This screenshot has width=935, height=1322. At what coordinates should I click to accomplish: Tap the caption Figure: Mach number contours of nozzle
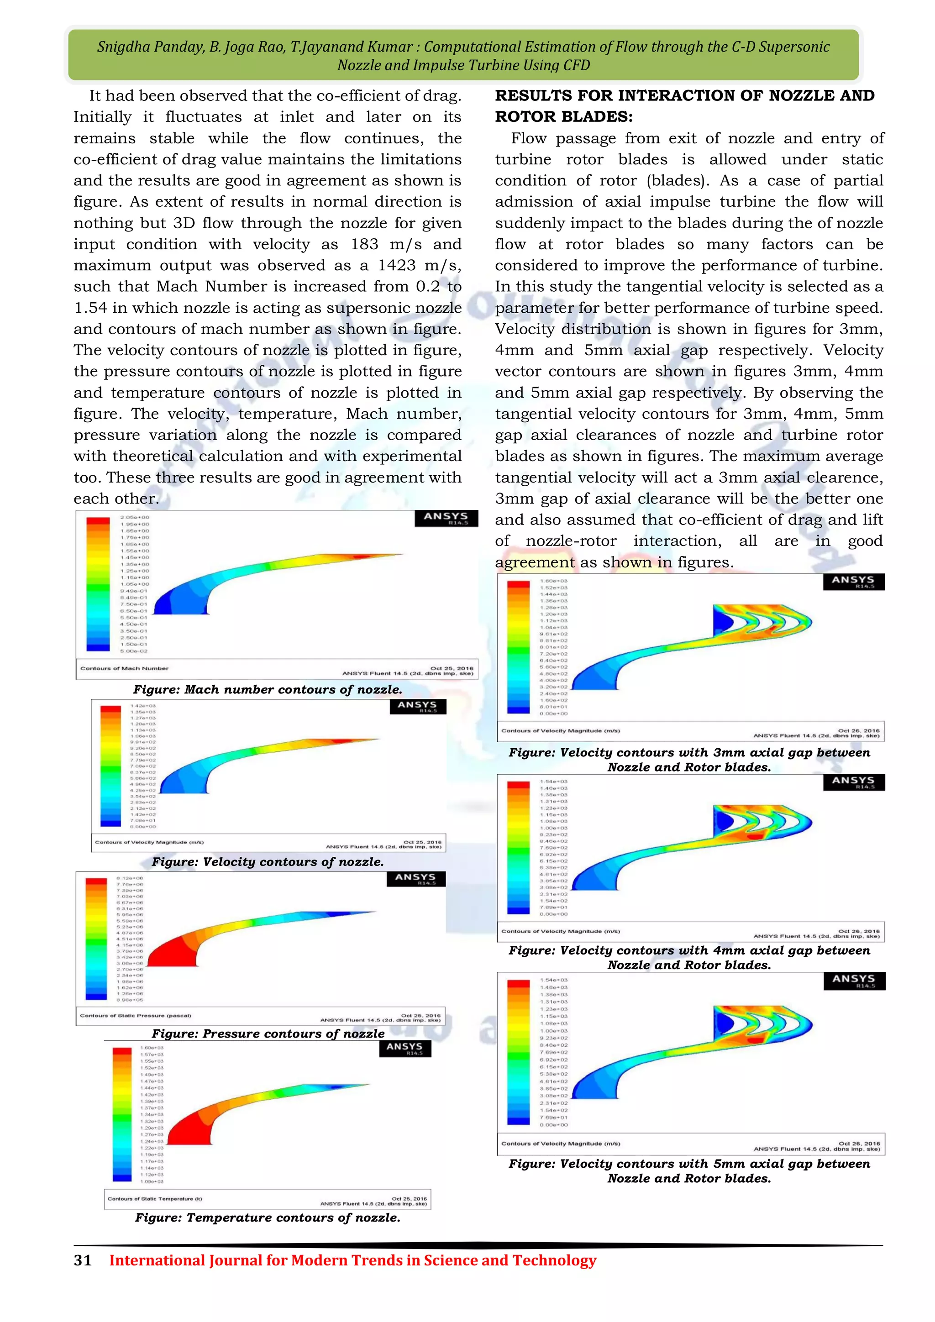(268, 689)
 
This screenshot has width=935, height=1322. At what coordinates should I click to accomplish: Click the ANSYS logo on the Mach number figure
(446, 518)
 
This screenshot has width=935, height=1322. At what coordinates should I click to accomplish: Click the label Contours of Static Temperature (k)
(154, 1199)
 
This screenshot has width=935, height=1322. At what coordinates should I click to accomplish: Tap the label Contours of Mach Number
(124, 668)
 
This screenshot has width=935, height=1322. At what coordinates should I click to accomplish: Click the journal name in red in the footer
(352, 1260)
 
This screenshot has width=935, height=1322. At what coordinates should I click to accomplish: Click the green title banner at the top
(463, 55)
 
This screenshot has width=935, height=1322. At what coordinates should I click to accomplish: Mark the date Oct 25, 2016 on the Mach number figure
(452, 668)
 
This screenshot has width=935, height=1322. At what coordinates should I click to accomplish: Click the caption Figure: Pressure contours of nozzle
(268, 1033)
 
